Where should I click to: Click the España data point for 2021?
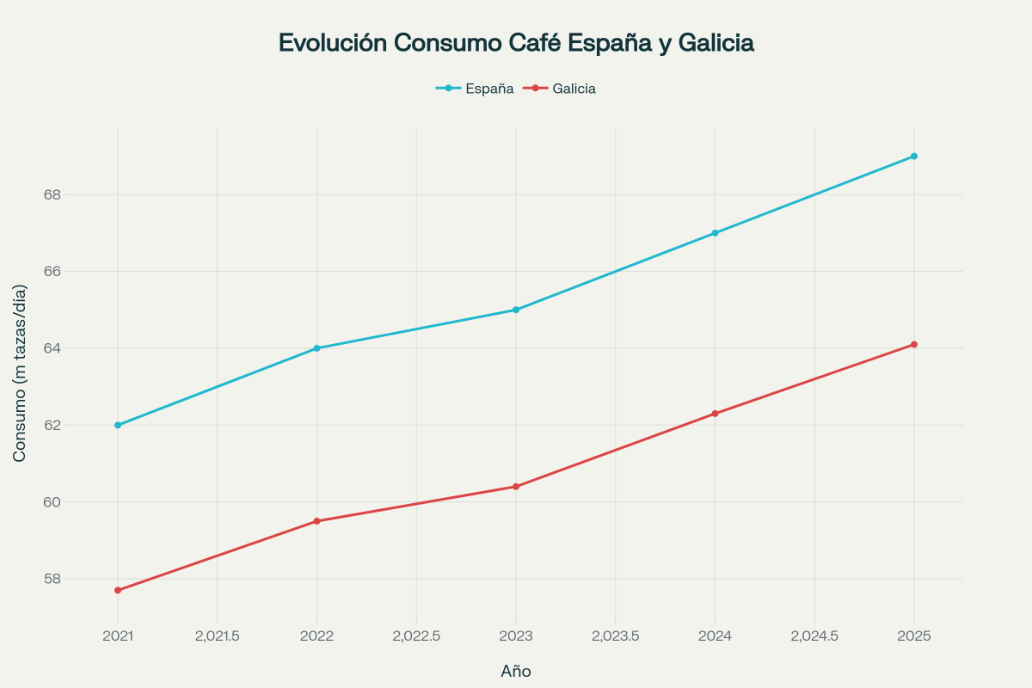118,425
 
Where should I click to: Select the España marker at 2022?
316,348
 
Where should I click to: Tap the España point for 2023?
516,310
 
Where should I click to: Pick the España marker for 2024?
715,233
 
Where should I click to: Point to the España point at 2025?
914,157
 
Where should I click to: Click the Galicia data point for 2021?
118,590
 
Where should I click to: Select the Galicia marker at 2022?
316,521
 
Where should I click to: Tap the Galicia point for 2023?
516,487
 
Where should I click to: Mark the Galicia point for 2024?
715,414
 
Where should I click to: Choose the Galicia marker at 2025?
914,344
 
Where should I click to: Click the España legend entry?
476,89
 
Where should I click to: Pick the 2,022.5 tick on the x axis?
416,636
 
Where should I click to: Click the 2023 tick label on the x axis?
516,636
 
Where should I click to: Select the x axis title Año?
516,672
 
